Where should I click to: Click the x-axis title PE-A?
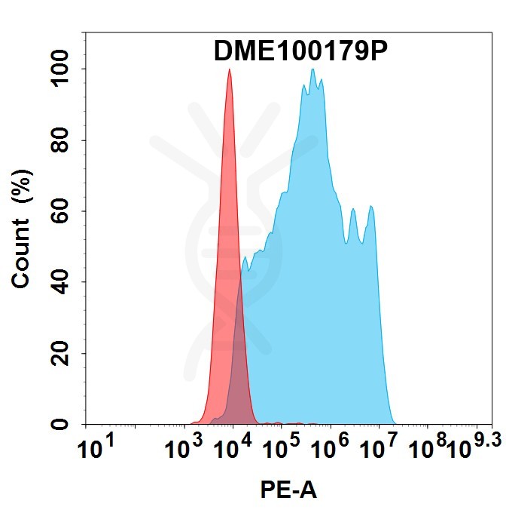[x=289, y=490]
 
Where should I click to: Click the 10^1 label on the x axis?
[x=96, y=450]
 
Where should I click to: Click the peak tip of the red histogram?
[x=229, y=69]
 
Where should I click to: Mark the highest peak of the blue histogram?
[x=312, y=69]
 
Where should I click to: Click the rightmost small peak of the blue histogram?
[x=370, y=206]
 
